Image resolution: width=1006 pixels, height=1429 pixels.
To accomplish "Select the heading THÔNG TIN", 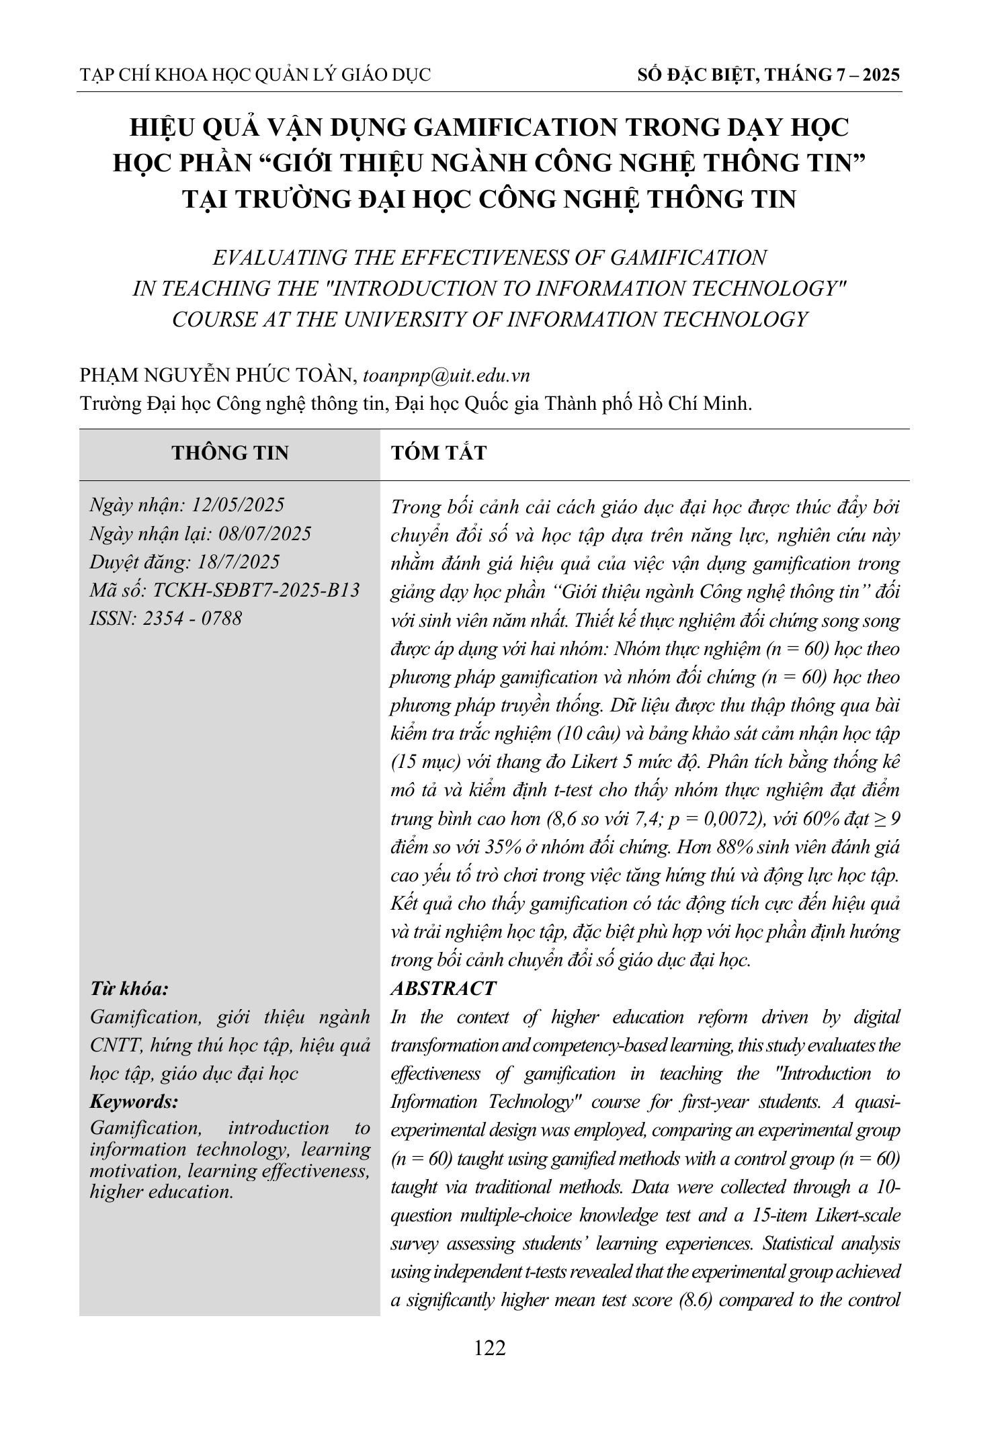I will pyautogui.click(x=230, y=453).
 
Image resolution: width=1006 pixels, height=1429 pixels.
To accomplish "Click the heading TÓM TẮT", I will pyautogui.click(x=438, y=453).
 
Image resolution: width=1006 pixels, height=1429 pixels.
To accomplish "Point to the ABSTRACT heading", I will pyautogui.click(x=443, y=988).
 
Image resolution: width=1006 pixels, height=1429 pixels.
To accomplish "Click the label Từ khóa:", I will pyautogui.click(x=129, y=989).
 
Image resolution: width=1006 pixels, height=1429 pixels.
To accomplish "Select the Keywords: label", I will pyautogui.click(x=134, y=1102).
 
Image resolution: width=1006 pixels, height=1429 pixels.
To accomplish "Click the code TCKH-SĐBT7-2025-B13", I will pyautogui.click(x=256, y=590).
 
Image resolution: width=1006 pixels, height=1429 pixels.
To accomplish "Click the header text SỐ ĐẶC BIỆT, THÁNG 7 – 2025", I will pyautogui.click(x=768, y=75).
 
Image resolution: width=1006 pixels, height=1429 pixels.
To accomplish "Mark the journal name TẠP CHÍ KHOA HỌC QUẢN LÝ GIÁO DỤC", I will pyautogui.click(x=255, y=75).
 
